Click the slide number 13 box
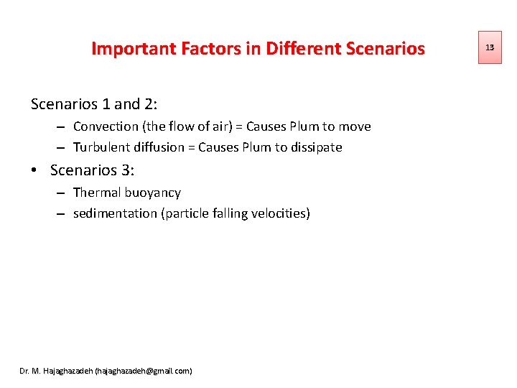(490, 47)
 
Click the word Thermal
(97, 193)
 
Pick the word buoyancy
(153, 193)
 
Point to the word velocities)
(281, 213)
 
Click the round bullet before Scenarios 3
(34, 170)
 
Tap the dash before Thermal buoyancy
(60, 193)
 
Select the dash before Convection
(60, 127)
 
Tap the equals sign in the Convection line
(241, 127)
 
